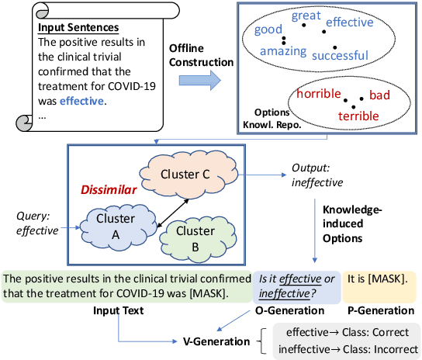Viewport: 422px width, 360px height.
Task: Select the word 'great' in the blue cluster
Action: [x=306, y=16]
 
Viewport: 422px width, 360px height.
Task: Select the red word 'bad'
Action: [x=380, y=95]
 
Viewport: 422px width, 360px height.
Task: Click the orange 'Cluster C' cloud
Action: [x=185, y=174]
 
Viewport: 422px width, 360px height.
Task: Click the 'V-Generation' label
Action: [x=210, y=340]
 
